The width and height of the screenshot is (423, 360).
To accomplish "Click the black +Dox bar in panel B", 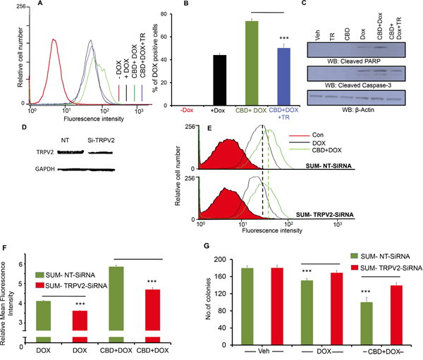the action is tap(219, 80).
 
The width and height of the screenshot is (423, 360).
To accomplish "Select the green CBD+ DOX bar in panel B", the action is tap(252, 63).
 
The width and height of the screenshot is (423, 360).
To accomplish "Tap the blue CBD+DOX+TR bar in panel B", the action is tap(284, 77).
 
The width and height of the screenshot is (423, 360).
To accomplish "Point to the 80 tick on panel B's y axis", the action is tap(164, 14).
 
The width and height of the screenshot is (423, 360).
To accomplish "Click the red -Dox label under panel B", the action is tap(187, 111).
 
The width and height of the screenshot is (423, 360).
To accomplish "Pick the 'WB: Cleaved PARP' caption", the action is tap(354, 61).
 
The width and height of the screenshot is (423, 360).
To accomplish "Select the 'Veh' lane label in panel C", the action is tap(317, 35).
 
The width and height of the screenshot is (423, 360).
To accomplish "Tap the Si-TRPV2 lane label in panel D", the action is tap(101, 140).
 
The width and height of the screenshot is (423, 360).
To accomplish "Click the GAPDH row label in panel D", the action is tap(45, 169).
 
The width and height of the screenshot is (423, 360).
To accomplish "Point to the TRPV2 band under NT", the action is tap(70, 152).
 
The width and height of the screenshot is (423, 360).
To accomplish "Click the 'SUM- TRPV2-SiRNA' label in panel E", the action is tap(325, 215).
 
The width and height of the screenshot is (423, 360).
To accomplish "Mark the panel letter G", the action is tap(207, 246).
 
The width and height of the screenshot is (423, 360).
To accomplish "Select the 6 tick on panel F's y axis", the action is tap(20, 263).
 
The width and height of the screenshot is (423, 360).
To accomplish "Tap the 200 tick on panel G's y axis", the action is tap(219, 259).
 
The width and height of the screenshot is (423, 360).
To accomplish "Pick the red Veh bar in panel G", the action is tap(276, 306).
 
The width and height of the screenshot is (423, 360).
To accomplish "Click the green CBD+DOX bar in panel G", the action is tap(366, 323).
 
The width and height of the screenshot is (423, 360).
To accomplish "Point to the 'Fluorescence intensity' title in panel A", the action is tap(94, 118).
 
